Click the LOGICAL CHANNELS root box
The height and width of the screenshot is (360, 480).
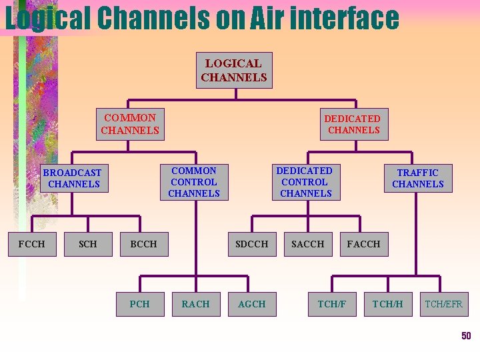(x=234, y=70)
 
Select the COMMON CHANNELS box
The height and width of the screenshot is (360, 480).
(x=130, y=123)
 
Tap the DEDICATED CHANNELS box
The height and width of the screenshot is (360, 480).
(x=353, y=124)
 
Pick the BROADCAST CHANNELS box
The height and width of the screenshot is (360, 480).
(x=73, y=178)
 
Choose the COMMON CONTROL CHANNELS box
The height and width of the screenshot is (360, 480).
(x=194, y=182)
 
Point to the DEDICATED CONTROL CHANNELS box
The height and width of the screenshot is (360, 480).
(x=305, y=182)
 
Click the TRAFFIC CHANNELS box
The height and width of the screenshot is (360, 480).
(x=418, y=178)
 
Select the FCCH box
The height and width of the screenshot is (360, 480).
(x=32, y=244)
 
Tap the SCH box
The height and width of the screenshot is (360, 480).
(x=87, y=244)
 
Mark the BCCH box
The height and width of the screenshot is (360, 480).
(x=144, y=244)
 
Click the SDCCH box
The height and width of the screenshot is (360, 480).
(x=251, y=244)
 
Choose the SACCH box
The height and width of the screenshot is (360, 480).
(x=307, y=244)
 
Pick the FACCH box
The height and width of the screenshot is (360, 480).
(x=363, y=244)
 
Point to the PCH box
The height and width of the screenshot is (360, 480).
(x=140, y=304)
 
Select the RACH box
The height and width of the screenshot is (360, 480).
(x=195, y=304)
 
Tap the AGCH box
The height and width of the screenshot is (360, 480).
(x=251, y=304)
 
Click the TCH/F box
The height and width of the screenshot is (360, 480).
(x=332, y=304)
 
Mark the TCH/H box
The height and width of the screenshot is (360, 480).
(x=387, y=304)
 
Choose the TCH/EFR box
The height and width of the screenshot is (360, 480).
(x=444, y=304)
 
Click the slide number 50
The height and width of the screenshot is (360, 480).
(x=466, y=335)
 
